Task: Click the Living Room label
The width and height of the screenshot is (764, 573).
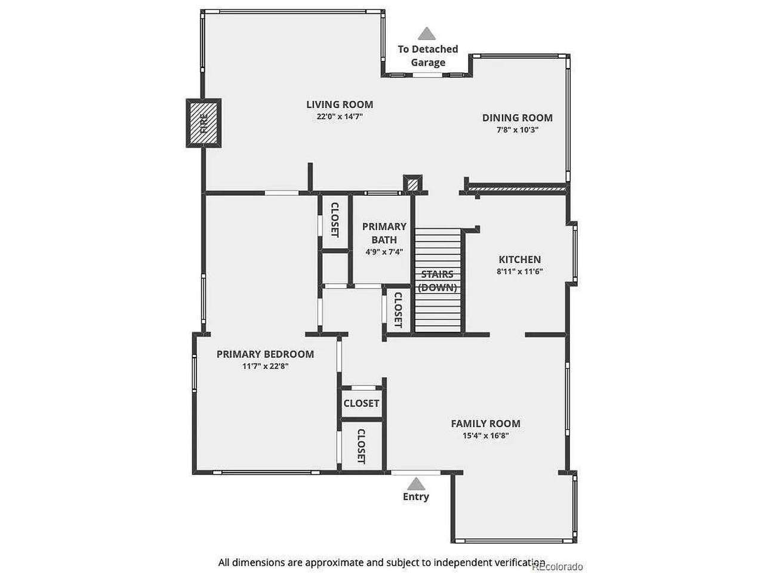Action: click(x=340, y=104)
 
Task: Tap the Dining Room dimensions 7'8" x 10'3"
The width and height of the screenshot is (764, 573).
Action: click(x=517, y=130)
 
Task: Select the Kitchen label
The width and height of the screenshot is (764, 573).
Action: click(x=520, y=260)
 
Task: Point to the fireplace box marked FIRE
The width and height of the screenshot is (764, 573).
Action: click(x=204, y=123)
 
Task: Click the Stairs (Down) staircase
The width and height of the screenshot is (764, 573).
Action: click(x=438, y=281)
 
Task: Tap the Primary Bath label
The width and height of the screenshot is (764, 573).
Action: click(x=384, y=233)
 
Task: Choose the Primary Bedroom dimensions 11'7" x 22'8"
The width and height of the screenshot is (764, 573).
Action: click(x=265, y=366)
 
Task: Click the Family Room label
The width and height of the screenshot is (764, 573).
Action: click(x=485, y=423)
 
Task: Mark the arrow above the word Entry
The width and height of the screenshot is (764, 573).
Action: click(x=416, y=483)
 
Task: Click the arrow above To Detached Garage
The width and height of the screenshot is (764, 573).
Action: click(x=427, y=33)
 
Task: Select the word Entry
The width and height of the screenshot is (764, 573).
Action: click(x=416, y=497)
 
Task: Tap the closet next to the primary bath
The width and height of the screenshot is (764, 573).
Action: click(x=334, y=222)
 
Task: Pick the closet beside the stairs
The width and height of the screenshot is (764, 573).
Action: click(x=398, y=310)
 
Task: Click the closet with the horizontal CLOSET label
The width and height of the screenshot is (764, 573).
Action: click(x=361, y=403)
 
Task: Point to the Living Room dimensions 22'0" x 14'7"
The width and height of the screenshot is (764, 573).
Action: click(x=340, y=116)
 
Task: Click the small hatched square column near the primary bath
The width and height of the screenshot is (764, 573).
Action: click(x=412, y=184)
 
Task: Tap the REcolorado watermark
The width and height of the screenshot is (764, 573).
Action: click(x=557, y=566)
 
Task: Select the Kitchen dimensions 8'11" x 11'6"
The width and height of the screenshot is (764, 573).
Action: click(x=520, y=272)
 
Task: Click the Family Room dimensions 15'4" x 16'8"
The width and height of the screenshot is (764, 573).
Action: click(x=485, y=436)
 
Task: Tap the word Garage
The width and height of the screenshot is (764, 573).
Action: click(x=428, y=63)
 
